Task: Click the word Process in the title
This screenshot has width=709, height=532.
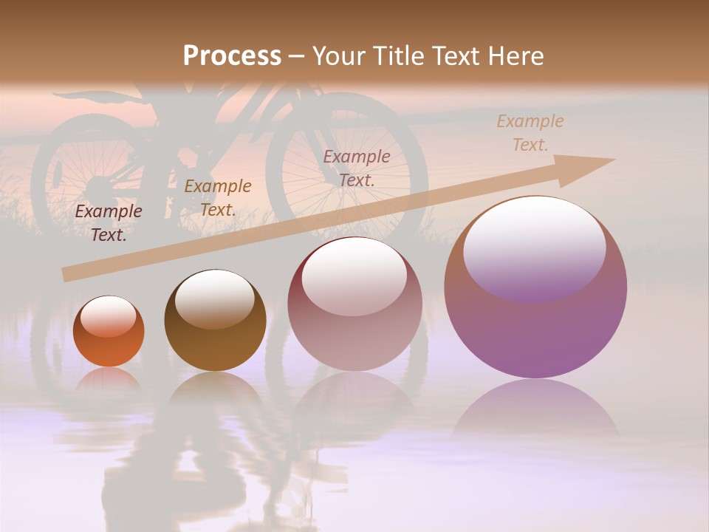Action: pyautogui.click(x=232, y=55)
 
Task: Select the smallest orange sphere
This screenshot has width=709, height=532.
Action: pyautogui.click(x=109, y=332)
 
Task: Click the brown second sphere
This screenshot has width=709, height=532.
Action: pyautogui.click(x=215, y=321)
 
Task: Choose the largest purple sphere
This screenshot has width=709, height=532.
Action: pyautogui.click(x=535, y=288)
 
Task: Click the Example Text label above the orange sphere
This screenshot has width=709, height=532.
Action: pyautogui.click(x=109, y=223)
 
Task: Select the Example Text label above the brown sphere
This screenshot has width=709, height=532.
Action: pyautogui.click(x=218, y=197)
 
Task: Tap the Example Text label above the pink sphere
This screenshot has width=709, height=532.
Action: pyautogui.click(x=357, y=168)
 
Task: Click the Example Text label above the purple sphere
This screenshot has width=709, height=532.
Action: pyautogui.click(x=530, y=133)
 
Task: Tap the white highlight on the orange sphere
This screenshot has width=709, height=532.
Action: pyautogui.click(x=109, y=316)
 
